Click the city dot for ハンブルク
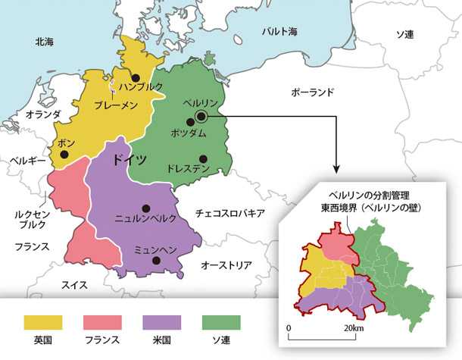[x=135, y=77]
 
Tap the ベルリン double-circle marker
[x=201, y=116]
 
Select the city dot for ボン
[x=64, y=155]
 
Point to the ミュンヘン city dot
[x=155, y=261]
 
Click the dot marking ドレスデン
[x=202, y=158]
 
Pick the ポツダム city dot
[x=190, y=121]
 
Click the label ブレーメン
[x=115, y=105]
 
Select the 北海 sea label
[x=44, y=42]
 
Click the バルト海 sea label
[x=279, y=31]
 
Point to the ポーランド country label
[x=312, y=92]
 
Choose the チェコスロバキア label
[x=229, y=213]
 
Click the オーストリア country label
[x=226, y=265]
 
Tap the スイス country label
[x=74, y=285]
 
